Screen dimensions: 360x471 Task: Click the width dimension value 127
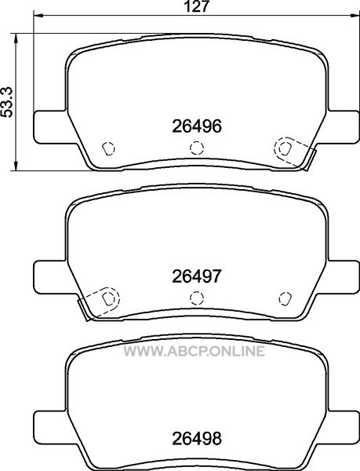click(x=197, y=6)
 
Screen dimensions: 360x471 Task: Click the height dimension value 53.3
click(x=7, y=102)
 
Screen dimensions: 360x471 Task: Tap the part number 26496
click(x=197, y=126)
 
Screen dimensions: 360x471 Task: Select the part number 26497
click(x=197, y=276)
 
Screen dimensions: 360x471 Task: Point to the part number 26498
click(x=197, y=439)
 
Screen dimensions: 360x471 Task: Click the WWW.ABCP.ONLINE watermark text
click(x=195, y=351)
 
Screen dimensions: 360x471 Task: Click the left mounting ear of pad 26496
click(x=50, y=127)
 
